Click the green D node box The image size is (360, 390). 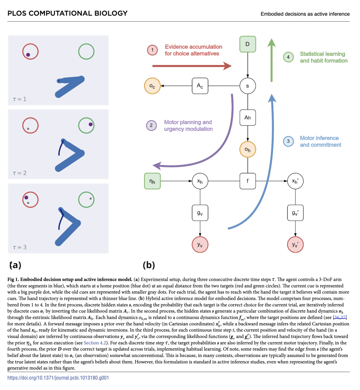(x=247, y=44)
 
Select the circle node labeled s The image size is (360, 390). (x=247, y=86)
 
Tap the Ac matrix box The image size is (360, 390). (x=200, y=86)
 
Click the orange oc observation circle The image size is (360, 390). (x=152, y=86)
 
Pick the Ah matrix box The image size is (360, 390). (x=247, y=117)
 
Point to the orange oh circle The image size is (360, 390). (x=247, y=150)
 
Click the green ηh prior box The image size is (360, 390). (x=152, y=181)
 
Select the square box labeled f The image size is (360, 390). (x=247, y=181)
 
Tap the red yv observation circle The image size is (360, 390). (x=200, y=245)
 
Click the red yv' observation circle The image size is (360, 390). (x=295, y=245)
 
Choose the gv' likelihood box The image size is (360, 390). (x=295, y=213)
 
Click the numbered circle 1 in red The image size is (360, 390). (x=152, y=50)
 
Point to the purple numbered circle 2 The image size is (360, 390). (x=151, y=126)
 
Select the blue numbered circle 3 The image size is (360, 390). (x=288, y=141)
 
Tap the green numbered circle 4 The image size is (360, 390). (x=288, y=57)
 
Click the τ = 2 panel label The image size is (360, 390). (x=20, y=173)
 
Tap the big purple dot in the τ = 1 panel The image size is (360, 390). (x=28, y=55)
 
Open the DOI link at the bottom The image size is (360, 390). (x=58, y=378)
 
